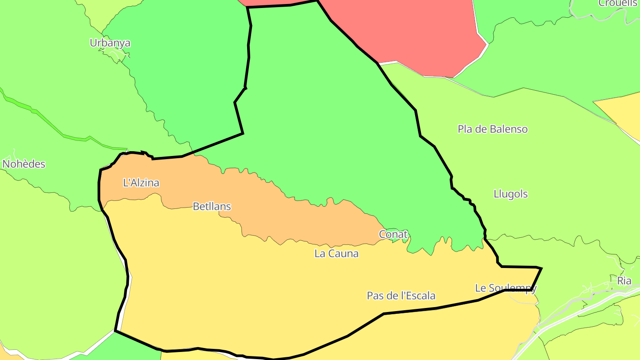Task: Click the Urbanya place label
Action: tap(110, 43)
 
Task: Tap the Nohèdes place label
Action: tap(24, 164)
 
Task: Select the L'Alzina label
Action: tap(141, 183)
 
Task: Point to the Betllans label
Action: tap(212, 206)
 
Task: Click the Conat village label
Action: tap(393, 234)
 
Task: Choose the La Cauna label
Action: tap(336, 254)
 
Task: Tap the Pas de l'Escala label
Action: tap(401, 296)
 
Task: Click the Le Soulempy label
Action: tap(506, 288)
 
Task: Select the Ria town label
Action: tap(624, 281)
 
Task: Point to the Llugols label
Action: tap(511, 194)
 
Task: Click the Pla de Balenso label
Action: tap(492, 129)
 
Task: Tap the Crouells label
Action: tap(618, 4)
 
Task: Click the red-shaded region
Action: tap(413, 36)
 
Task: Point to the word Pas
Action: tap(374, 296)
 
